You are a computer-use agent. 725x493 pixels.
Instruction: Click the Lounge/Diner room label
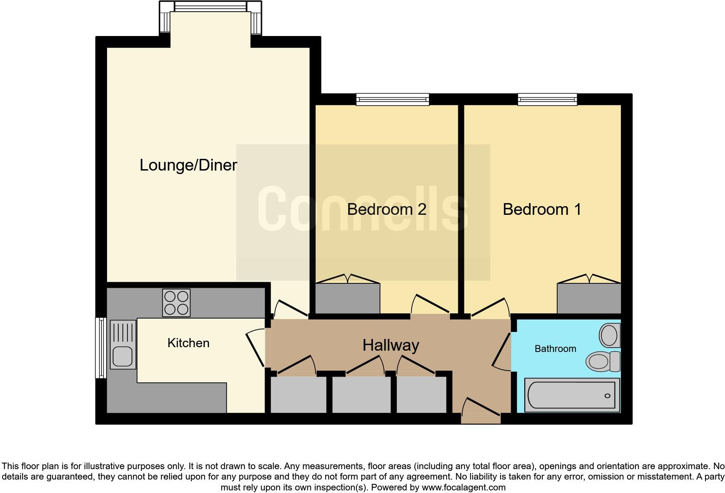pos(188,165)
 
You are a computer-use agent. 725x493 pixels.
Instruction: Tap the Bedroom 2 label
pos(386,210)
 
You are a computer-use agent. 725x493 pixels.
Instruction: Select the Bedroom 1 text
pos(542,210)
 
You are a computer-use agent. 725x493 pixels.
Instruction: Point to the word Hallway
pos(391,345)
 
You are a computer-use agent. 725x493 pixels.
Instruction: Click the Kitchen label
pos(188,343)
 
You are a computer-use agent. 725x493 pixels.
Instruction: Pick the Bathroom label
pos(555,349)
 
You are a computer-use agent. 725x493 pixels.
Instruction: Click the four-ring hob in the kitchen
pos(176,302)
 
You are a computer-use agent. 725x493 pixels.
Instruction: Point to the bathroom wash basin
pos(609,335)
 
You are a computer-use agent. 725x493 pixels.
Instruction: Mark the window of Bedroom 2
pos(392,100)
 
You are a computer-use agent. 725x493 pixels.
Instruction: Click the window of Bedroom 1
pos(547,100)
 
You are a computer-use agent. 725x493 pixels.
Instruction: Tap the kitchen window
pos(101,347)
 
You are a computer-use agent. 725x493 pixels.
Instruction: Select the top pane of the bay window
pos(210,7)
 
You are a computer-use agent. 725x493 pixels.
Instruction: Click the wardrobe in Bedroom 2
pos(347,298)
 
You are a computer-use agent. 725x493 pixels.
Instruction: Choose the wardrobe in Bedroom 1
pos(589,298)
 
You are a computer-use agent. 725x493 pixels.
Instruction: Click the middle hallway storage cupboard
pos(362,394)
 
